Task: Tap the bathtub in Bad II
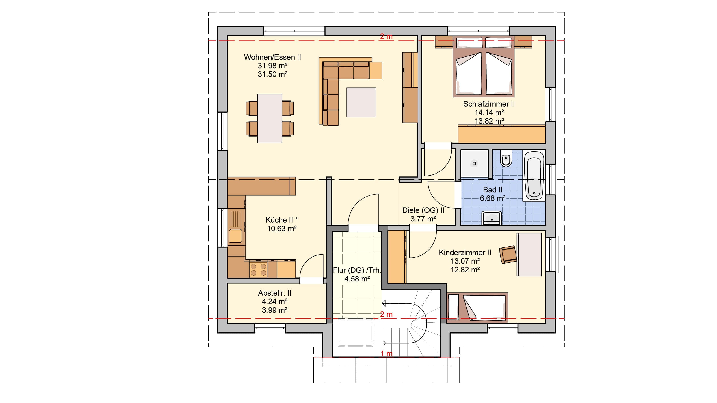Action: point(534,176)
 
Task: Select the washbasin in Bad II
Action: point(492,218)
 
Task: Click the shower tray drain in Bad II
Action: point(474,163)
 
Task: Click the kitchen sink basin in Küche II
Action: point(235,236)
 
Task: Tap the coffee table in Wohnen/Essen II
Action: point(361,102)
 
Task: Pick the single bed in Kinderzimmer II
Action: point(477,307)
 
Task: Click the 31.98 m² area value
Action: point(272,66)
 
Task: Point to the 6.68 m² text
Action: point(493,198)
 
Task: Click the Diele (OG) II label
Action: point(423,210)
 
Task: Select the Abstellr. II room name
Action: point(274,293)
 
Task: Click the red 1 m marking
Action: point(386,354)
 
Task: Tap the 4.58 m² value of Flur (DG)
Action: point(357,279)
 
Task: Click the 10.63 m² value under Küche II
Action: point(282,229)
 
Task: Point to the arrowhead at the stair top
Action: point(384,303)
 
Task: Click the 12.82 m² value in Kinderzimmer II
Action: point(465,270)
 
